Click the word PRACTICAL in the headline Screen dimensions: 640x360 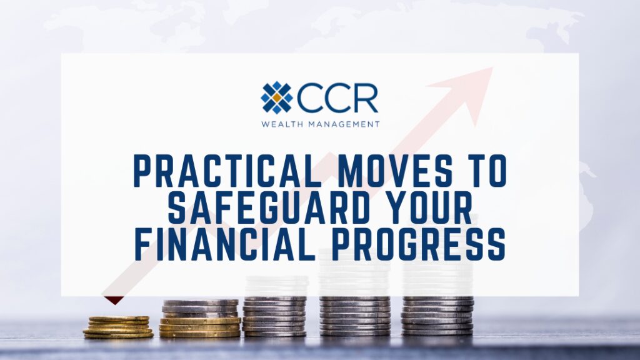pyautogui.click(x=227, y=171)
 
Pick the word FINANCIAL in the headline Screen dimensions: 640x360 pyautogui.click(x=224, y=244)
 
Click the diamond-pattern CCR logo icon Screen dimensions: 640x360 pyautogui.click(x=277, y=97)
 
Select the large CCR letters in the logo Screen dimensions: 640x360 pyautogui.click(x=337, y=97)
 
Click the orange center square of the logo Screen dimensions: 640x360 pyautogui.click(x=277, y=97)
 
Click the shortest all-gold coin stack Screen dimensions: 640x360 pyautogui.click(x=118, y=327)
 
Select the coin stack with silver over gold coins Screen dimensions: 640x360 pyautogui.click(x=200, y=319)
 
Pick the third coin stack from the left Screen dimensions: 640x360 pyautogui.click(x=275, y=316)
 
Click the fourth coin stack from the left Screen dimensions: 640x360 pyautogui.click(x=355, y=316)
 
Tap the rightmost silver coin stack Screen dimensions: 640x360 pyautogui.click(x=437, y=316)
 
